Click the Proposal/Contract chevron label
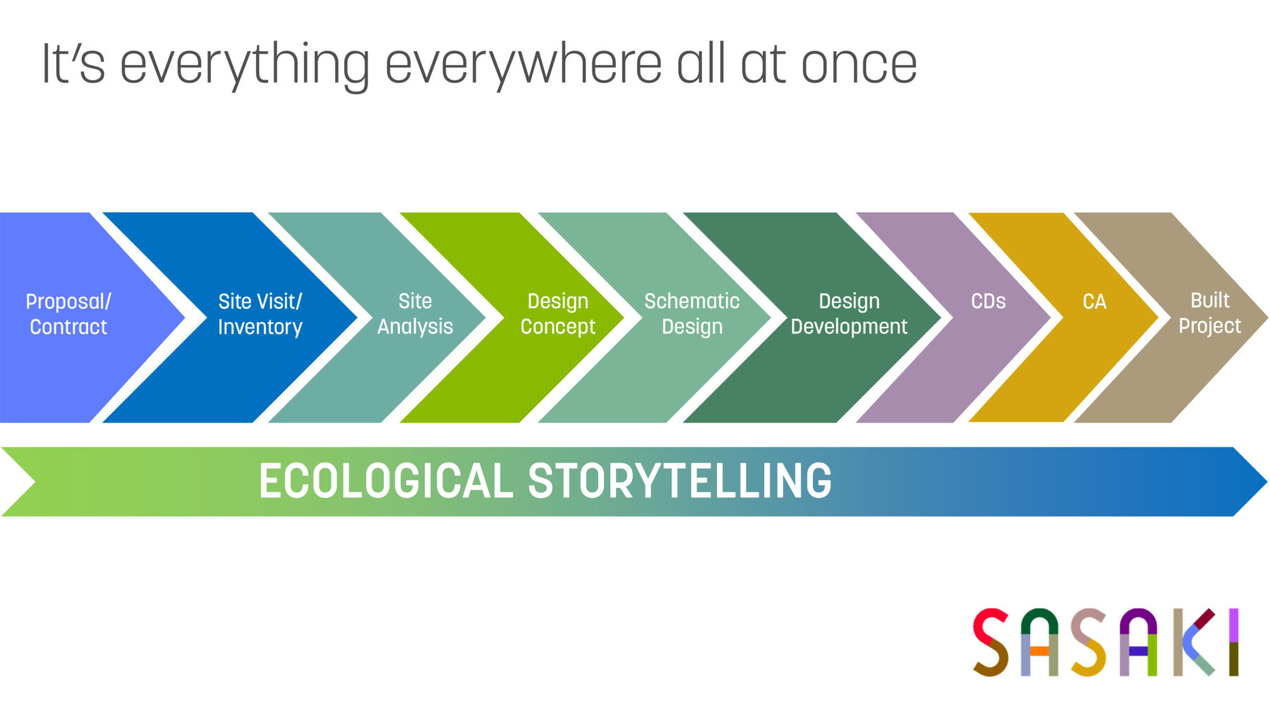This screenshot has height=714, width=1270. tap(68, 314)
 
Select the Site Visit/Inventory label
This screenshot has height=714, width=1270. tap(260, 314)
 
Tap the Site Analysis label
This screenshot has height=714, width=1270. tap(415, 314)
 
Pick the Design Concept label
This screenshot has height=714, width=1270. tap(557, 314)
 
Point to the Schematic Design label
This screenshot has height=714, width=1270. tap(691, 314)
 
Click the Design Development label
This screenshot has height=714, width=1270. tap(849, 314)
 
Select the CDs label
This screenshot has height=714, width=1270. tap(988, 302)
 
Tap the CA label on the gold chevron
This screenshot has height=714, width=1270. tap(1094, 302)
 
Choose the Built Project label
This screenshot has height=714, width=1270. tap(1209, 313)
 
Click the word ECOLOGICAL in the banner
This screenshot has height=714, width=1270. tap(386, 482)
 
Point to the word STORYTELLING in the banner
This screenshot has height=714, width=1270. tap(680, 482)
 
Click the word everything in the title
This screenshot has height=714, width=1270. tap(245, 66)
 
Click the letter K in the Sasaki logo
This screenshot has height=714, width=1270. tap(1194, 642)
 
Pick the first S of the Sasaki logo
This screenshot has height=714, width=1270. tap(991, 642)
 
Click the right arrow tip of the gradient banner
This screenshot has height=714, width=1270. tap(1267, 482)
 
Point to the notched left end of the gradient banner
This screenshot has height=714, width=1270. tap(34, 482)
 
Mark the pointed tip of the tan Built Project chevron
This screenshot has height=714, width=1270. tap(1267, 317)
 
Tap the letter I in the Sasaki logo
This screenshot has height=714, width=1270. tap(1233, 642)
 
